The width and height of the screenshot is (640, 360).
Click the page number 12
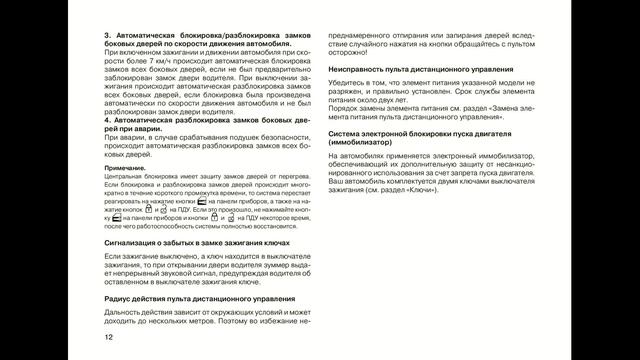pos(107,338)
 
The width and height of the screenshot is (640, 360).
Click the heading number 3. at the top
pos(107,36)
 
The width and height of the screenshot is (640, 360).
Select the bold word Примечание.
pos(126,167)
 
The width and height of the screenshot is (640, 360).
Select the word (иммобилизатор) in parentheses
pos(365,144)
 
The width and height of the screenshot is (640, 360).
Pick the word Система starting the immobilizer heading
pos(345,134)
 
